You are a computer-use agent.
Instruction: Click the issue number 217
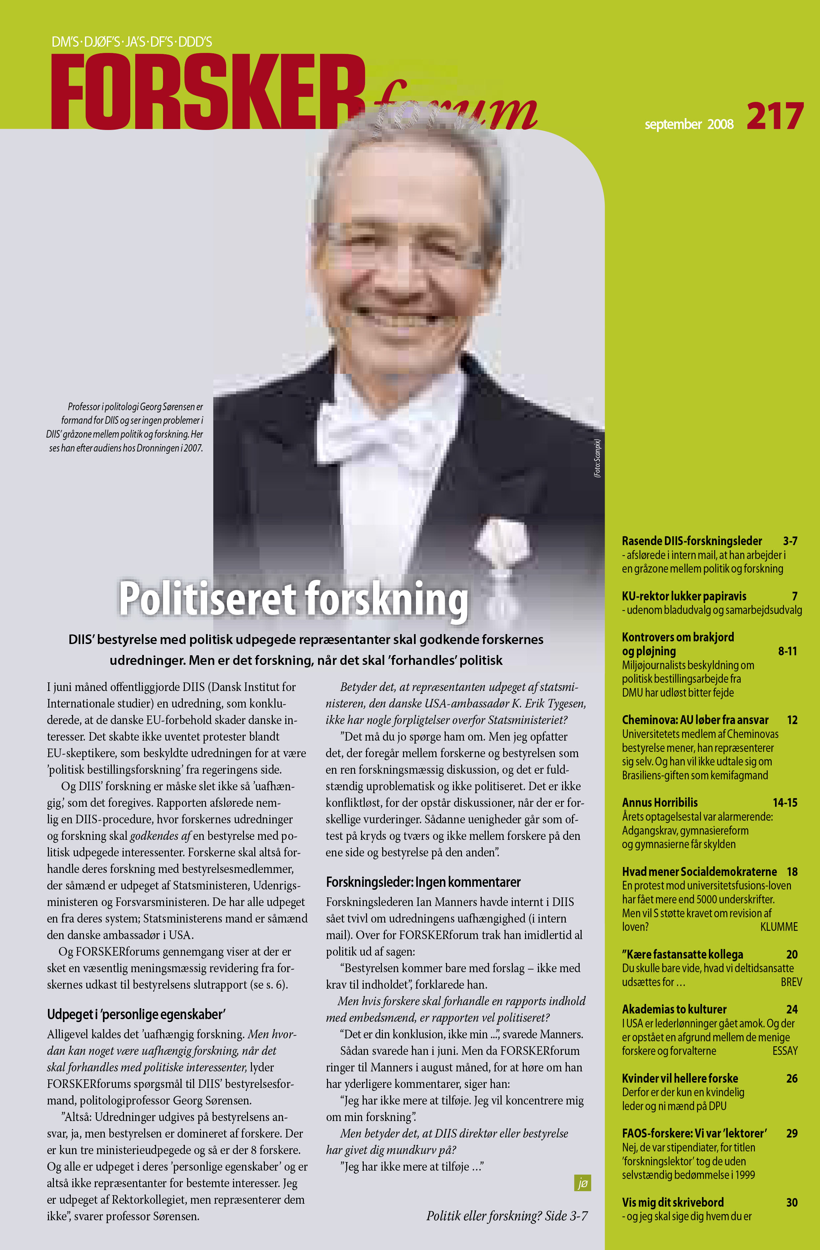pyautogui.click(x=775, y=116)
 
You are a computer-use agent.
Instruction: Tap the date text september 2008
pyautogui.click(x=689, y=124)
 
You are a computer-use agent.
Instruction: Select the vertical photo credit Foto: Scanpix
pyautogui.click(x=597, y=458)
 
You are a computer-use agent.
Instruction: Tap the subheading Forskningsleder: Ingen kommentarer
pyautogui.click(x=423, y=882)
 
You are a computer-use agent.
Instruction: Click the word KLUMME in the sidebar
pyautogui.click(x=779, y=927)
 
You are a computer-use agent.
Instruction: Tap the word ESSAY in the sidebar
pyautogui.click(x=785, y=1051)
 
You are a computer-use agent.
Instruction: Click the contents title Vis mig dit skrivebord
pyautogui.click(x=673, y=1202)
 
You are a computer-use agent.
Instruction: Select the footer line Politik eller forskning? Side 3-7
pyautogui.click(x=507, y=1216)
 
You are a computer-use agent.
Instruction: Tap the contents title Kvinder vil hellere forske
pyautogui.click(x=680, y=1078)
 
